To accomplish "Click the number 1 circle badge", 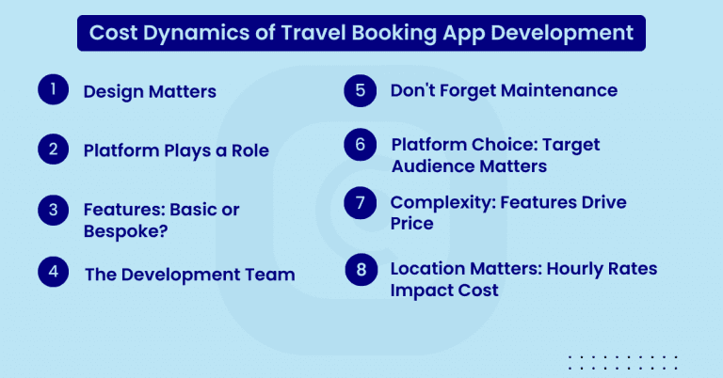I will pos(54,89).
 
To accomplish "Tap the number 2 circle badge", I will pos(54,149).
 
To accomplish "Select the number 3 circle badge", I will pos(54,208).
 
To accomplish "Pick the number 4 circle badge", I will pos(54,272).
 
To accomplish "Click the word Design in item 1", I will pos(111,92).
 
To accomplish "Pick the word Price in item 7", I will pos(413,223).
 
